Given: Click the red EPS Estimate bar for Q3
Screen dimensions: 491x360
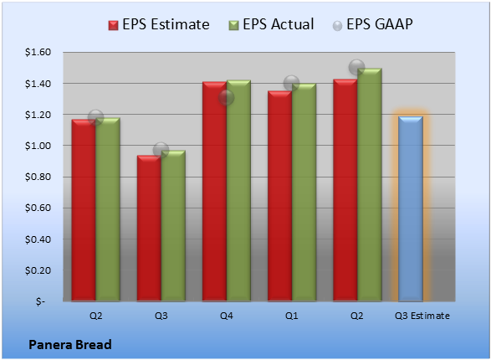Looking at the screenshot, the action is pyautogui.click(x=149, y=228).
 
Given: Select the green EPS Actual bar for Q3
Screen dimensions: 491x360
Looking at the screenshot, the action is pyautogui.click(x=173, y=225).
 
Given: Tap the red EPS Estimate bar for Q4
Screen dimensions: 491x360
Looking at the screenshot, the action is pyautogui.click(x=214, y=192).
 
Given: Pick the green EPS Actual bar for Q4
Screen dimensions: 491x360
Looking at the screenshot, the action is pyautogui.click(x=238, y=191).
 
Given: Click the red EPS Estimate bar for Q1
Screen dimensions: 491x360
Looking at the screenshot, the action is pyautogui.click(x=280, y=196).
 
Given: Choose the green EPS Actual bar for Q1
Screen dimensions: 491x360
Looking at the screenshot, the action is pyautogui.click(x=304, y=193).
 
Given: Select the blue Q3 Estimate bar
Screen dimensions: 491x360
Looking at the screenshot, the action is pyautogui.click(x=411, y=208).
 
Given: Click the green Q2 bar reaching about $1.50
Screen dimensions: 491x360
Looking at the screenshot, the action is pyautogui.click(x=370, y=185).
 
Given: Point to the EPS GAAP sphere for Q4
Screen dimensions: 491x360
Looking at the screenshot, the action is pyautogui.click(x=227, y=97).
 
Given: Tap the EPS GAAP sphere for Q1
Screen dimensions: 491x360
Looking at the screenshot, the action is pyautogui.click(x=292, y=84).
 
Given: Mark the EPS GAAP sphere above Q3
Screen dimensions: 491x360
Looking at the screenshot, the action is pyautogui.click(x=161, y=150).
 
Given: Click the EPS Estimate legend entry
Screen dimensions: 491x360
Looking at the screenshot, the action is pyautogui.click(x=159, y=24).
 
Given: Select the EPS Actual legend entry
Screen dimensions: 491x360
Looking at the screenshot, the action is pyautogui.click(x=272, y=24).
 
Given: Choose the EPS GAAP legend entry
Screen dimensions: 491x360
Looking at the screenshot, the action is pyautogui.click(x=372, y=24).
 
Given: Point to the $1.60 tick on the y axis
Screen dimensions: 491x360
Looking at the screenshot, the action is pyautogui.click(x=38, y=52).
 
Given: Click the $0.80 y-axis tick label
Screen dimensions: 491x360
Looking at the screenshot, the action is pyautogui.click(x=38, y=177).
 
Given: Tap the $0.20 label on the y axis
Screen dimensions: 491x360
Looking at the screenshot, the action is pyautogui.click(x=38, y=270).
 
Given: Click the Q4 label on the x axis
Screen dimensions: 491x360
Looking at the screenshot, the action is pyautogui.click(x=227, y=316).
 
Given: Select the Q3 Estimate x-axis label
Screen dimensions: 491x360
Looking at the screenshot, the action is pyautogui.click(x=422, y=316).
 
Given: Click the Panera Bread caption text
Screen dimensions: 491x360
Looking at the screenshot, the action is pyautogui.click(x=70, y=345).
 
